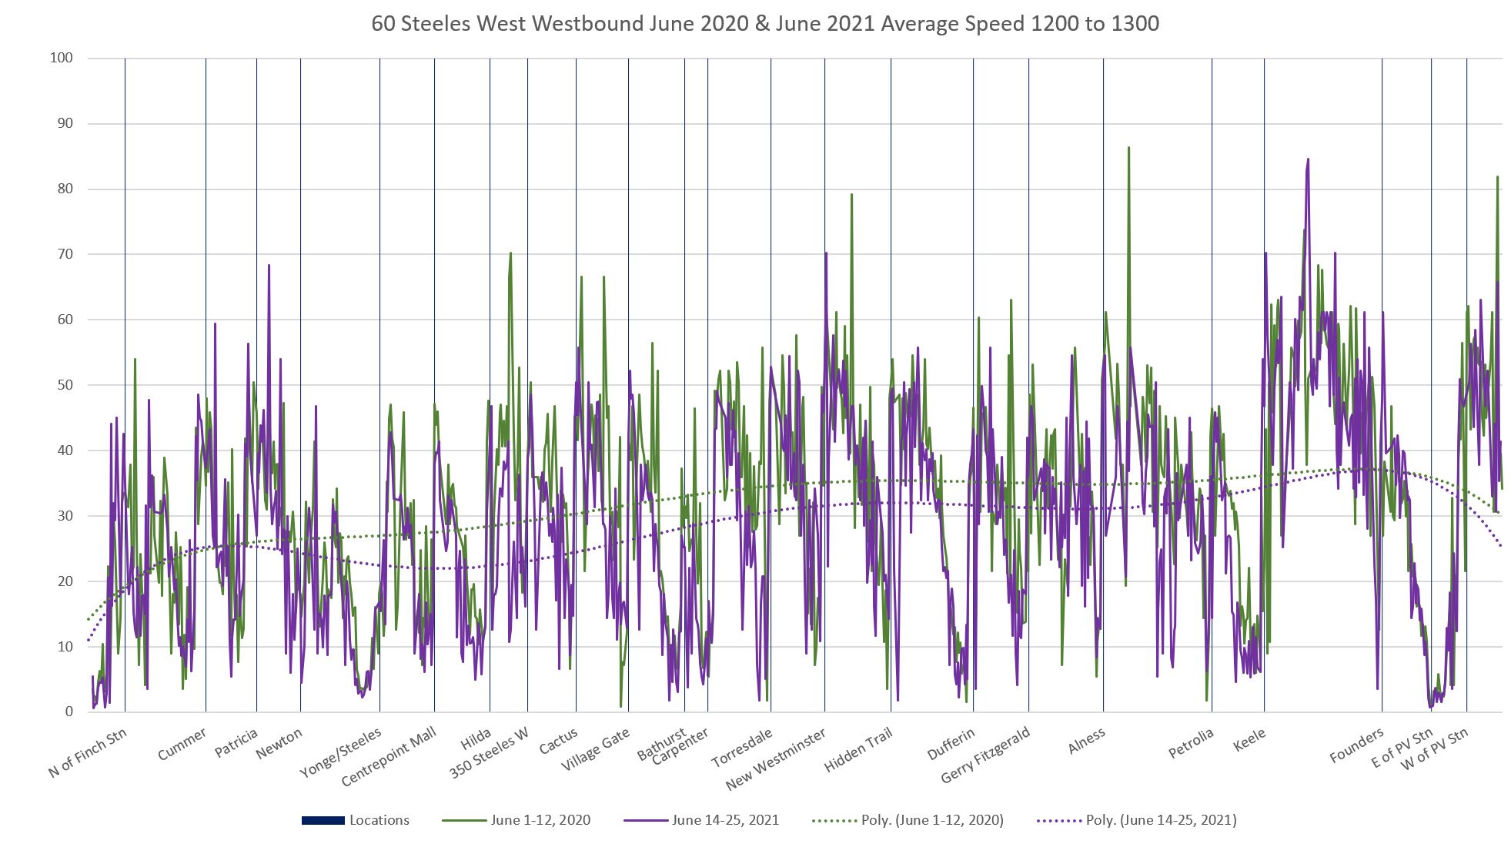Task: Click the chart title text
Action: pyautogui.click(x=765, y=24)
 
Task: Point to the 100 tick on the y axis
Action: pyautogui.click(x=61, y=58)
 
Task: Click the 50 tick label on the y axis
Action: pyautogui.click(x=64, y=385)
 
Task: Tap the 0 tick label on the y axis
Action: pyautogui.click(x=69, y=712)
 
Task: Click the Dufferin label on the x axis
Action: pyautogui.click(x=951, y=744)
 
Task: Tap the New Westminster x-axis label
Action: pyautogui.click(x=776, y=759)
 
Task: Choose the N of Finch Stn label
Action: pyautogui.click(x=88, y=752)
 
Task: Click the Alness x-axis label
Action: pyautogui.click(x=1086, y=741)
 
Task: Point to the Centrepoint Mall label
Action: pyautogui.click(x=389, y=756)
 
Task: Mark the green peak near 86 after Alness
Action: pyautogui.click(x=1128, y=147)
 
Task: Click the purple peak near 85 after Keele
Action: pyautogui.click(x=1308, y=159)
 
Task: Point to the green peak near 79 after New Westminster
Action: pyautogui.click(x=851, y=194)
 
